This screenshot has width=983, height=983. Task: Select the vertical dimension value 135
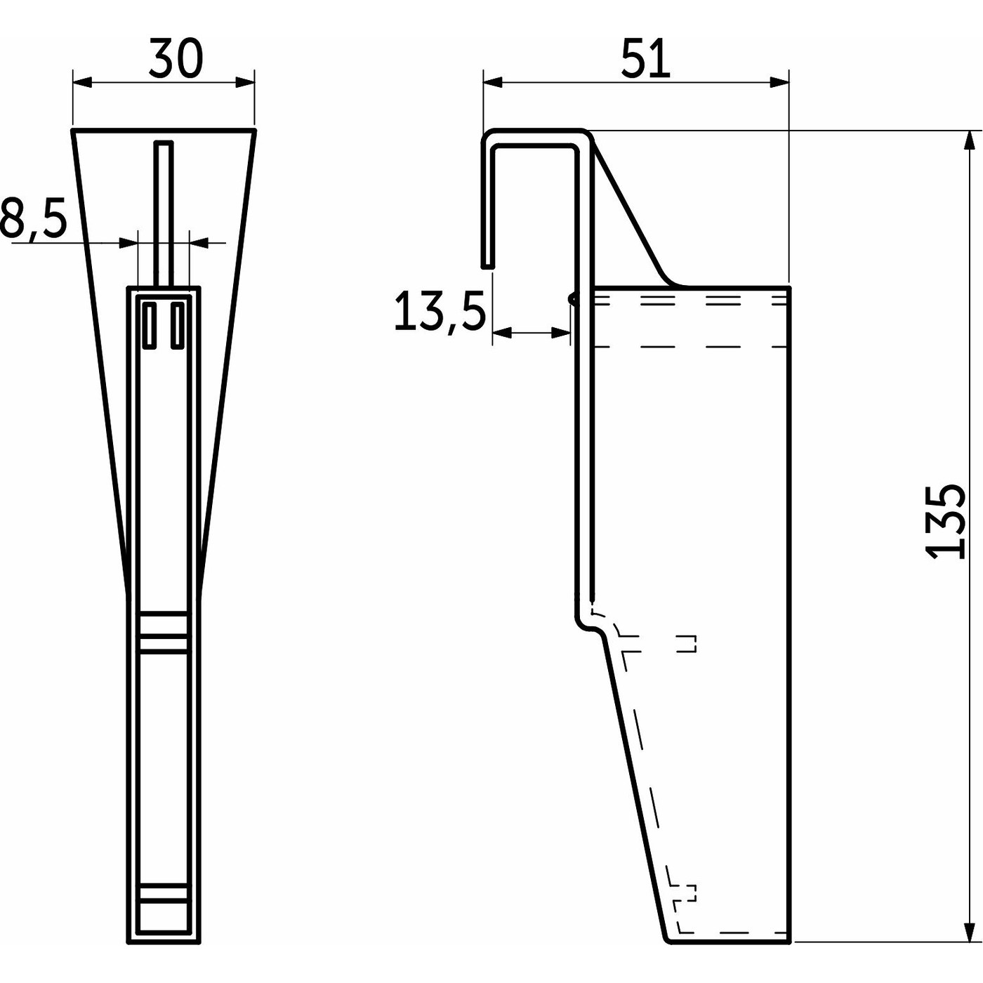(944, 521)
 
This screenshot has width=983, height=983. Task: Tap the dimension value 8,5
(34, 219)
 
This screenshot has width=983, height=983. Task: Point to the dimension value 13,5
(440, 312)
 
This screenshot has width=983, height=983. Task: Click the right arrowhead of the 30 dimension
(246, 83)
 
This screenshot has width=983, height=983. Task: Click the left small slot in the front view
(150, 325)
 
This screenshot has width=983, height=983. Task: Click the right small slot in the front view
(178, 325)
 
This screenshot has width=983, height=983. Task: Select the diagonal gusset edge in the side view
(628, 211)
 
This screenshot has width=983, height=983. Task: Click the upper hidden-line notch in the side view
(688, 643)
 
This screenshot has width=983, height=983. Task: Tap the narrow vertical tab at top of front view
(163, 211)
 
